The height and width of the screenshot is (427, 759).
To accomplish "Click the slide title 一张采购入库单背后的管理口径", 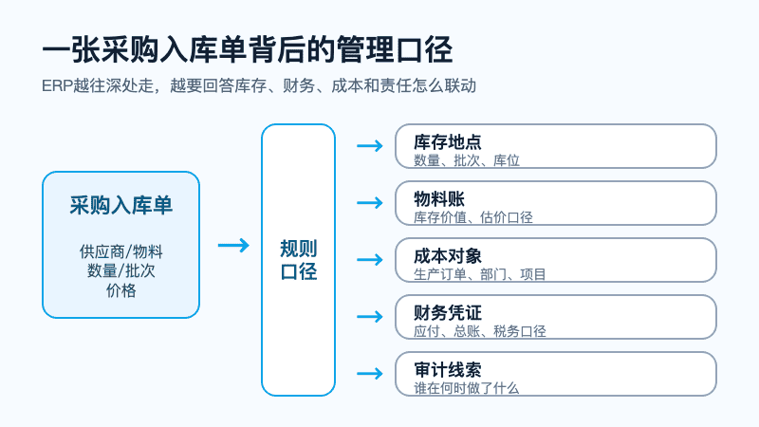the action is tap(248, 50).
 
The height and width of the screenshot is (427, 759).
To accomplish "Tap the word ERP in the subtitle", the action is tap(57, 85).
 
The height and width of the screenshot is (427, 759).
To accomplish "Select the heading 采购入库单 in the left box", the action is tap(121, 205).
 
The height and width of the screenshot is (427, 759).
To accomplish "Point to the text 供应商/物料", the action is tap(121, 251).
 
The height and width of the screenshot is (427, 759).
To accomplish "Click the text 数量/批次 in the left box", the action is tap(121, 271).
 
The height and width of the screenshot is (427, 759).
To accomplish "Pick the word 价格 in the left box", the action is tap(121, 290).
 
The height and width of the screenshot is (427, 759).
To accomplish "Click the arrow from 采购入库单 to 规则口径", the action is tap(233, 246).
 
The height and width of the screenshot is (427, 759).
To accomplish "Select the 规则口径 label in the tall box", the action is tap(299, 260).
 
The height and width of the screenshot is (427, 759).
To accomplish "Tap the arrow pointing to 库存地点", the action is tap(370, 146).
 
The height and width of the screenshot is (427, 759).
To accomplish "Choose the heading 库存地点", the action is tap(448, 142).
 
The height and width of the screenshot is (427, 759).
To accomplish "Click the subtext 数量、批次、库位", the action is tap(467, 160).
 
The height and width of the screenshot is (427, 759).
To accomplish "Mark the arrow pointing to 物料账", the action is tap(370, 202).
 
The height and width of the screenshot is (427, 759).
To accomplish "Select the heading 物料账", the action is tap(439, 199).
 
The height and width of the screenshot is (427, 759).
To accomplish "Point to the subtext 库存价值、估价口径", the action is tap(473, 217).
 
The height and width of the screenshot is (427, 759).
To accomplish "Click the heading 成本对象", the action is tap(448, 256).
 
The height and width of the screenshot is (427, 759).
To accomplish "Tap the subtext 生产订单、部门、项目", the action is tap(480, 274).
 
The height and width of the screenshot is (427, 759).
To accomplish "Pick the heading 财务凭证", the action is tap(448, 313).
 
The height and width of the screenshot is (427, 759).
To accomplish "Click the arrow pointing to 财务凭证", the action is tap(370, 317).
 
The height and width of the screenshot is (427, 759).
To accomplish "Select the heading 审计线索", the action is tap(448, 370).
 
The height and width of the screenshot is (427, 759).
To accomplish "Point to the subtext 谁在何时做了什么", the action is tap(467, 388).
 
